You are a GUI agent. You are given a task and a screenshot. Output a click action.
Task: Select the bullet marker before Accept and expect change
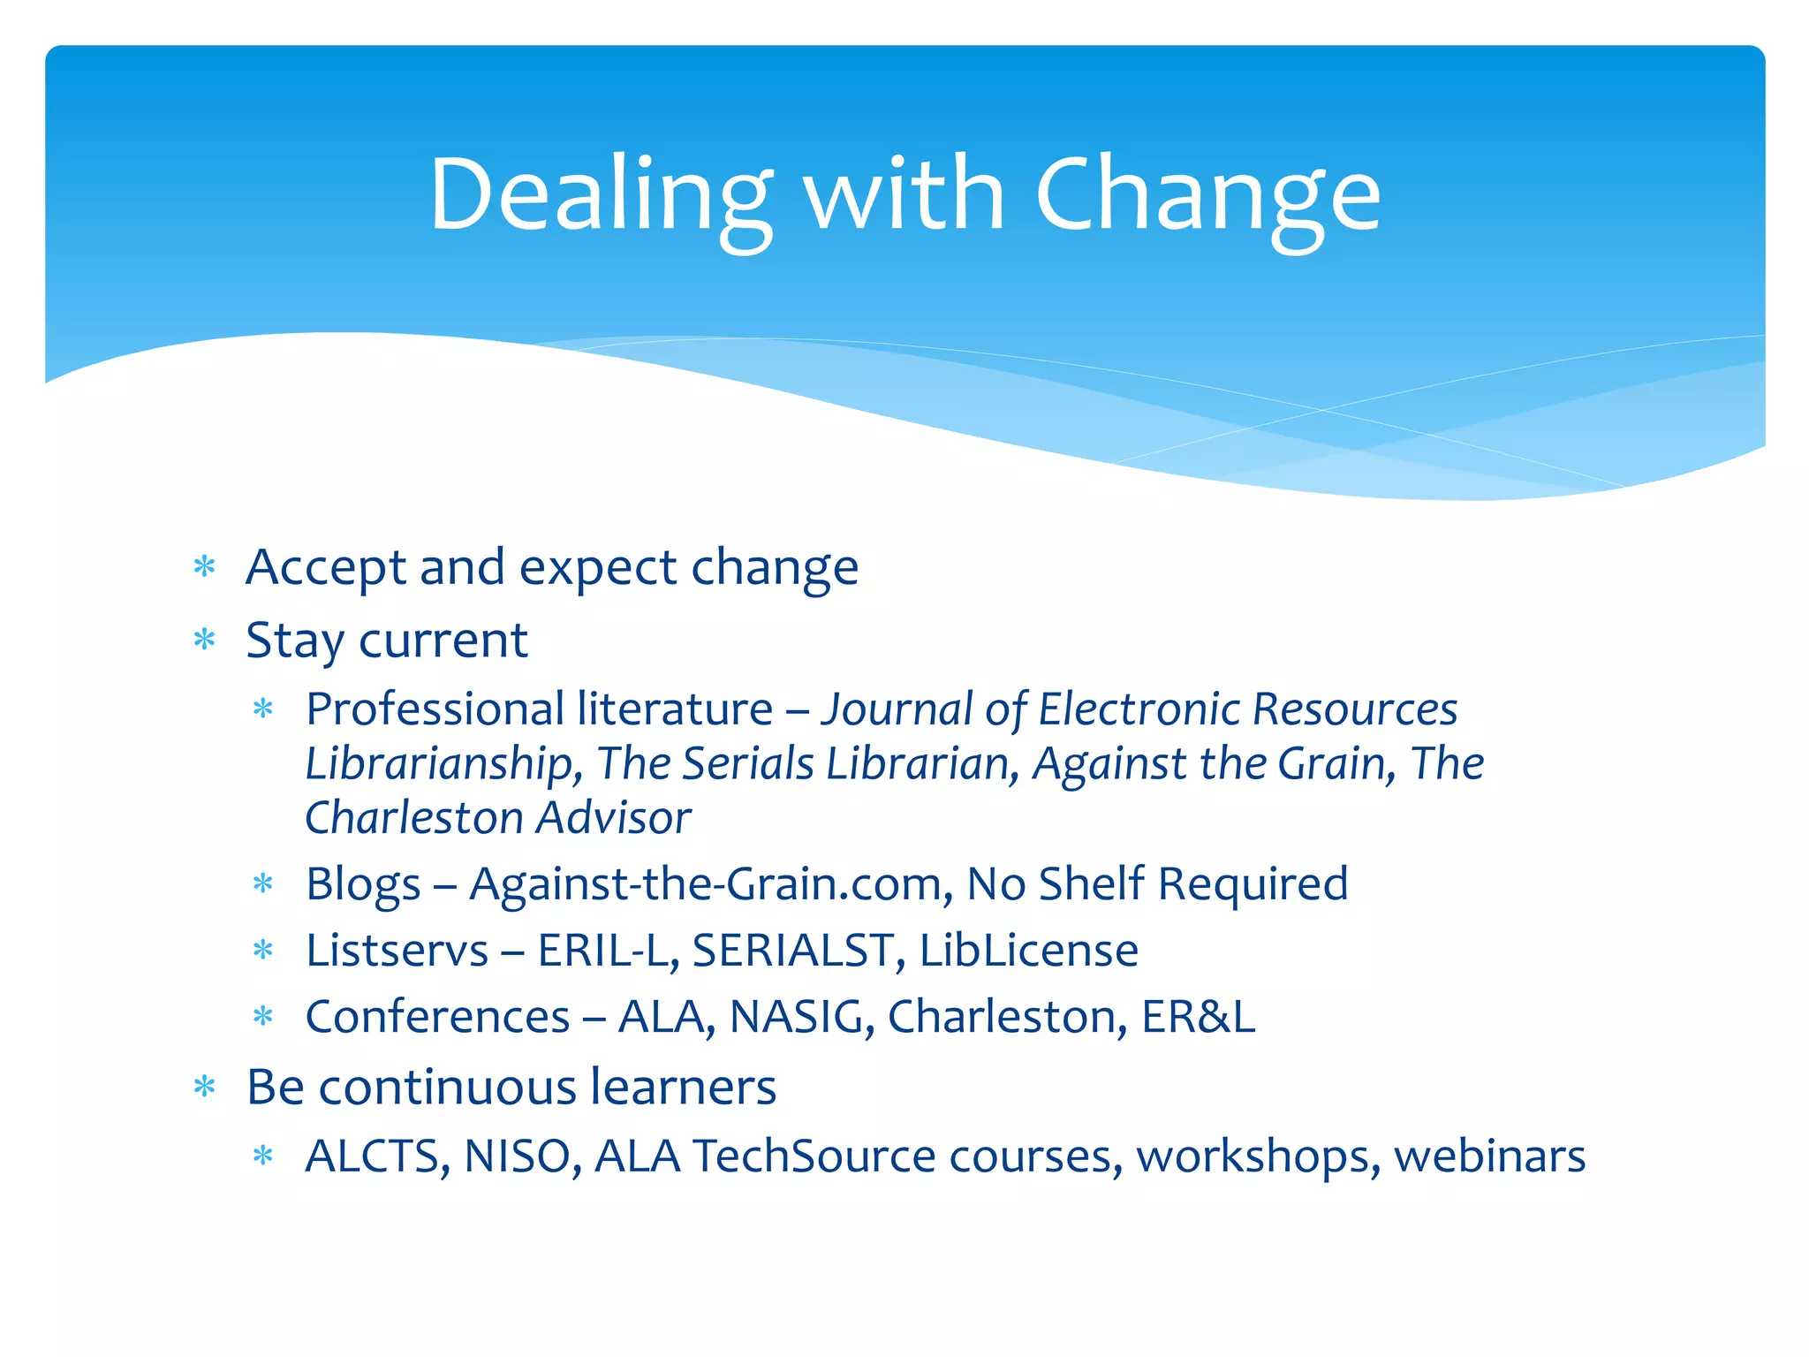[x=204, y=566]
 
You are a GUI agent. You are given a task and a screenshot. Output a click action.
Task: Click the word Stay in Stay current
[x=294, y=641]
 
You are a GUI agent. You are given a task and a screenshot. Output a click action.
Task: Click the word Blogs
[x=363, y=883]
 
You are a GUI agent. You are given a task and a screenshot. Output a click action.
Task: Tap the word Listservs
[x=397, y=951]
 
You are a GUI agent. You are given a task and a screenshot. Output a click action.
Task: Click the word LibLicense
[x=1028, y=951]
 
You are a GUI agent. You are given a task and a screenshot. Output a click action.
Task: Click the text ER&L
[x=1198, y=1017]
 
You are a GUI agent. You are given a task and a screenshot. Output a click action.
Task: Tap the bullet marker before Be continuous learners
[x=204, y=1087]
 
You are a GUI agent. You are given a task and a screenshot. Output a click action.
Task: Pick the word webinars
[x=1489, y=1156]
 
